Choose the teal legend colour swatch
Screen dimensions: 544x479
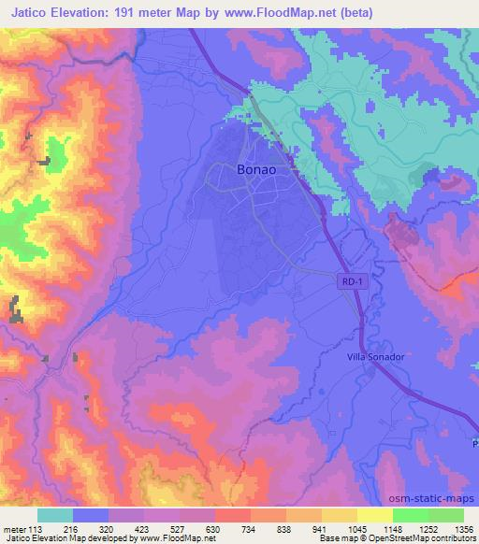(x=55, y=514)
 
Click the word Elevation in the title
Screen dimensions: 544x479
(x=86, y=12)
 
